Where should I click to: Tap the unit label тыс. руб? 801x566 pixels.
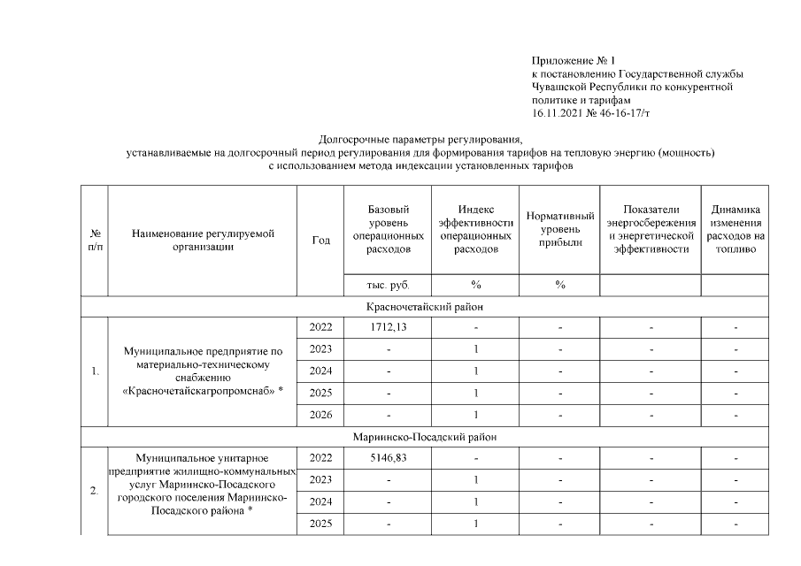pos(388,285)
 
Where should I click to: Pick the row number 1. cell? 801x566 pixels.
pos(95,371)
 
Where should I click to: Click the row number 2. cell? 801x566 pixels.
pos(95,491)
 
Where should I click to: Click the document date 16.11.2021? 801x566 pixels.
pos(561,114)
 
